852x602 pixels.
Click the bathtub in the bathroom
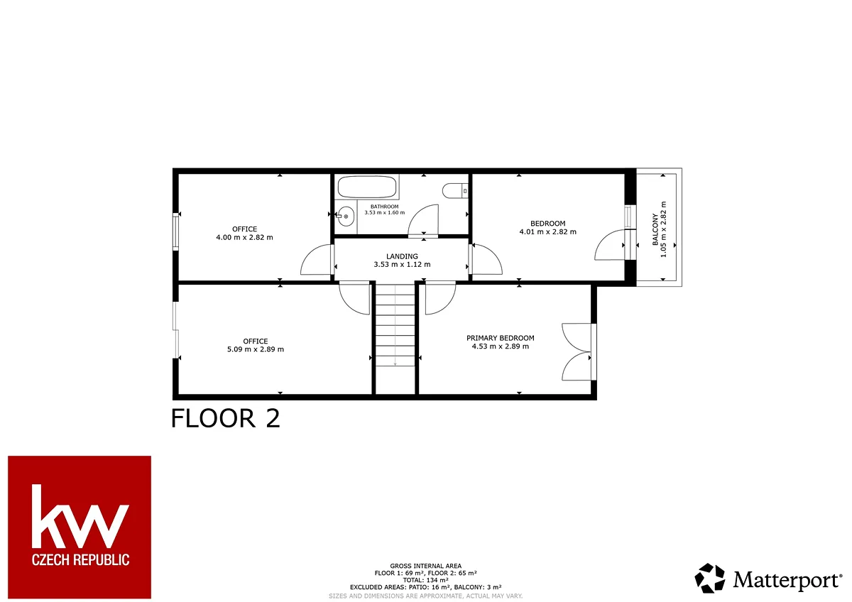[x=367, y=187]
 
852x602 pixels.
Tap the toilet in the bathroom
[x=455, y=190]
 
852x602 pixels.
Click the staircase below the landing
[x=395, y=326]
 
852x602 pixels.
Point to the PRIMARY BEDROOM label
[x=500, y=338]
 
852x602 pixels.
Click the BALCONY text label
[x=655, y=229]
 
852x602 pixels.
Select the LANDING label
[x=402, y=256]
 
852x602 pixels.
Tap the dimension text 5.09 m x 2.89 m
[x=256, y=349]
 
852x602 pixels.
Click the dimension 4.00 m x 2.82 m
[x=244, y=237]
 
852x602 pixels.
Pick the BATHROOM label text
[x=385, y=207]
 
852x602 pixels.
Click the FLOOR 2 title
[x=226, y=418]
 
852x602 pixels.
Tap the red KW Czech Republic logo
[x=80, y=527]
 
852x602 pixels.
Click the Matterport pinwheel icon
[x=709, y=578]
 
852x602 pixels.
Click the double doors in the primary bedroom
[x=578, y=352]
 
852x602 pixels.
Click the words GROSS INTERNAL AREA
[x=425, y=566]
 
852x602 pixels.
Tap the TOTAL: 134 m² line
[x=425, y=580]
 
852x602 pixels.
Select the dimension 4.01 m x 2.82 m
[x=547, y=231]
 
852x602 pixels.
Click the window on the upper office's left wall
[x=175, y=231]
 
